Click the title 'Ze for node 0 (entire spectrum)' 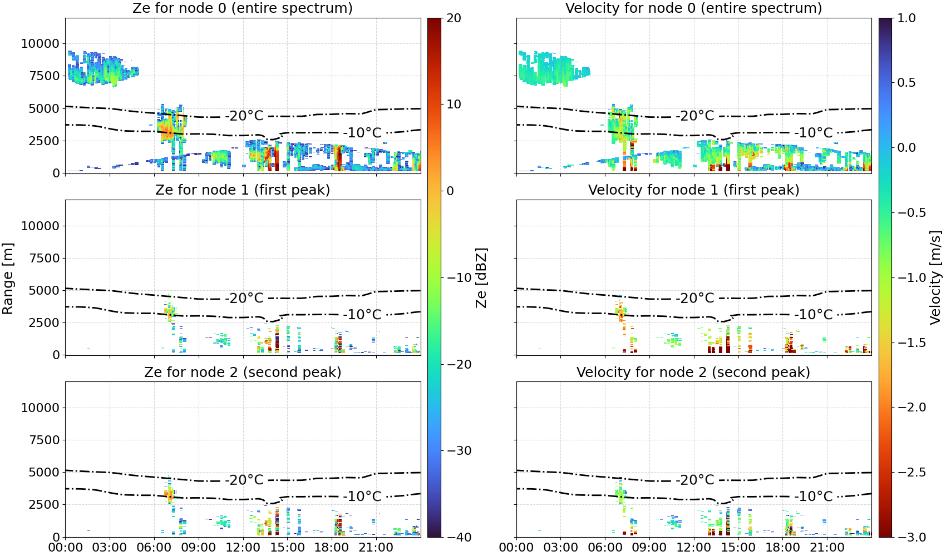pos(243,8)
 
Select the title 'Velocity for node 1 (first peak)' pos(694,190)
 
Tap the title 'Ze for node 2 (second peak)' pos(243,372)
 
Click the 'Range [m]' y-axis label pos(8,279)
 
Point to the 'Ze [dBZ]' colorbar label pos(481,277)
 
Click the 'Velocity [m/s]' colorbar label pos(935,277)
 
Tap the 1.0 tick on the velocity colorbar pos(906,18)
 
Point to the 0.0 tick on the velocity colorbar pos(906,148)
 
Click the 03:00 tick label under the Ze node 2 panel pos(110,548)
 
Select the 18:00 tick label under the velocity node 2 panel pos(782,548)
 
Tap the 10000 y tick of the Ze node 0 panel pos(40,43)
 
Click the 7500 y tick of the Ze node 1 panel pos(44,258)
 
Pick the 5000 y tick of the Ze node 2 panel pos(44,472)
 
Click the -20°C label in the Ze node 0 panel pos(244,116)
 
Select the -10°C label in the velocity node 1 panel pos(813,315)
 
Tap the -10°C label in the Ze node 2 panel pos(362,497)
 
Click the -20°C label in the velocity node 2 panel pos(694,480)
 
